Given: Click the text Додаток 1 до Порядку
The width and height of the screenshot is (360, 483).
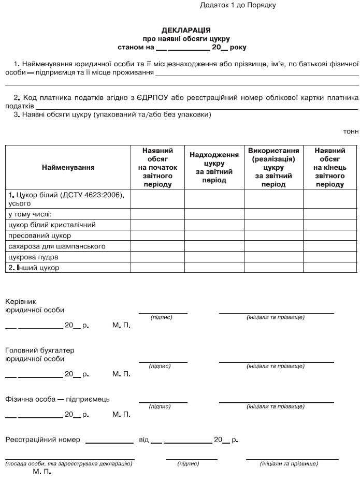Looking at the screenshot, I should pyautogui.click(x=238, y=5).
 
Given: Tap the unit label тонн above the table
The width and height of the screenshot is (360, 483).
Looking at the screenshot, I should pyautogui.click(x=351, y=131).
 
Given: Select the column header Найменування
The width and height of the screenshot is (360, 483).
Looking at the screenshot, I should pyautogui.click(x=68, y=168).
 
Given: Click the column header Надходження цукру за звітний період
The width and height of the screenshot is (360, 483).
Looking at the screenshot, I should pyautogui.click(x=214, y=167).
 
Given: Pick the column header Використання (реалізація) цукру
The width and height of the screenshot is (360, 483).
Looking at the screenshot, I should pyautogui.click(x=273, y=167).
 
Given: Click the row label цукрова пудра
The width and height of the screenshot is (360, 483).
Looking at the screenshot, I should pyautogui.click(x=34, y=257).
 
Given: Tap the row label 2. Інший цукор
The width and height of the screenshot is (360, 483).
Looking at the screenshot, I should pyautogui.click(x=34, y=268).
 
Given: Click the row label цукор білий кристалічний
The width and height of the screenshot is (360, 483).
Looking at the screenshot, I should pyautogui.click(x=52, y=225).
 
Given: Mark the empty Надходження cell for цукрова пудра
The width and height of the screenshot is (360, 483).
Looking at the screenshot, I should pyautogui.click(x=214, y=257).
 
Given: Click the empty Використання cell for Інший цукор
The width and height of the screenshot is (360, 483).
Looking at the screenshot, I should pyautogui.click(x=273, y=268).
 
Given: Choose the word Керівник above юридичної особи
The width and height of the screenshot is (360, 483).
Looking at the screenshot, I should pyautogui.click(x=21, y=301).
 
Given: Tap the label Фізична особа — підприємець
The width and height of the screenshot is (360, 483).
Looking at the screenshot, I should pyautogui.click(x=57, y=399).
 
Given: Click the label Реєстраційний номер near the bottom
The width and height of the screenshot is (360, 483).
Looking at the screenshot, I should pyautogui.click(x=42, y=440).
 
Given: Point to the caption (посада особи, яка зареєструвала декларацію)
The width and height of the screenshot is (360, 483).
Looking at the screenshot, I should pyautogui.click(x=69, y=464).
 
